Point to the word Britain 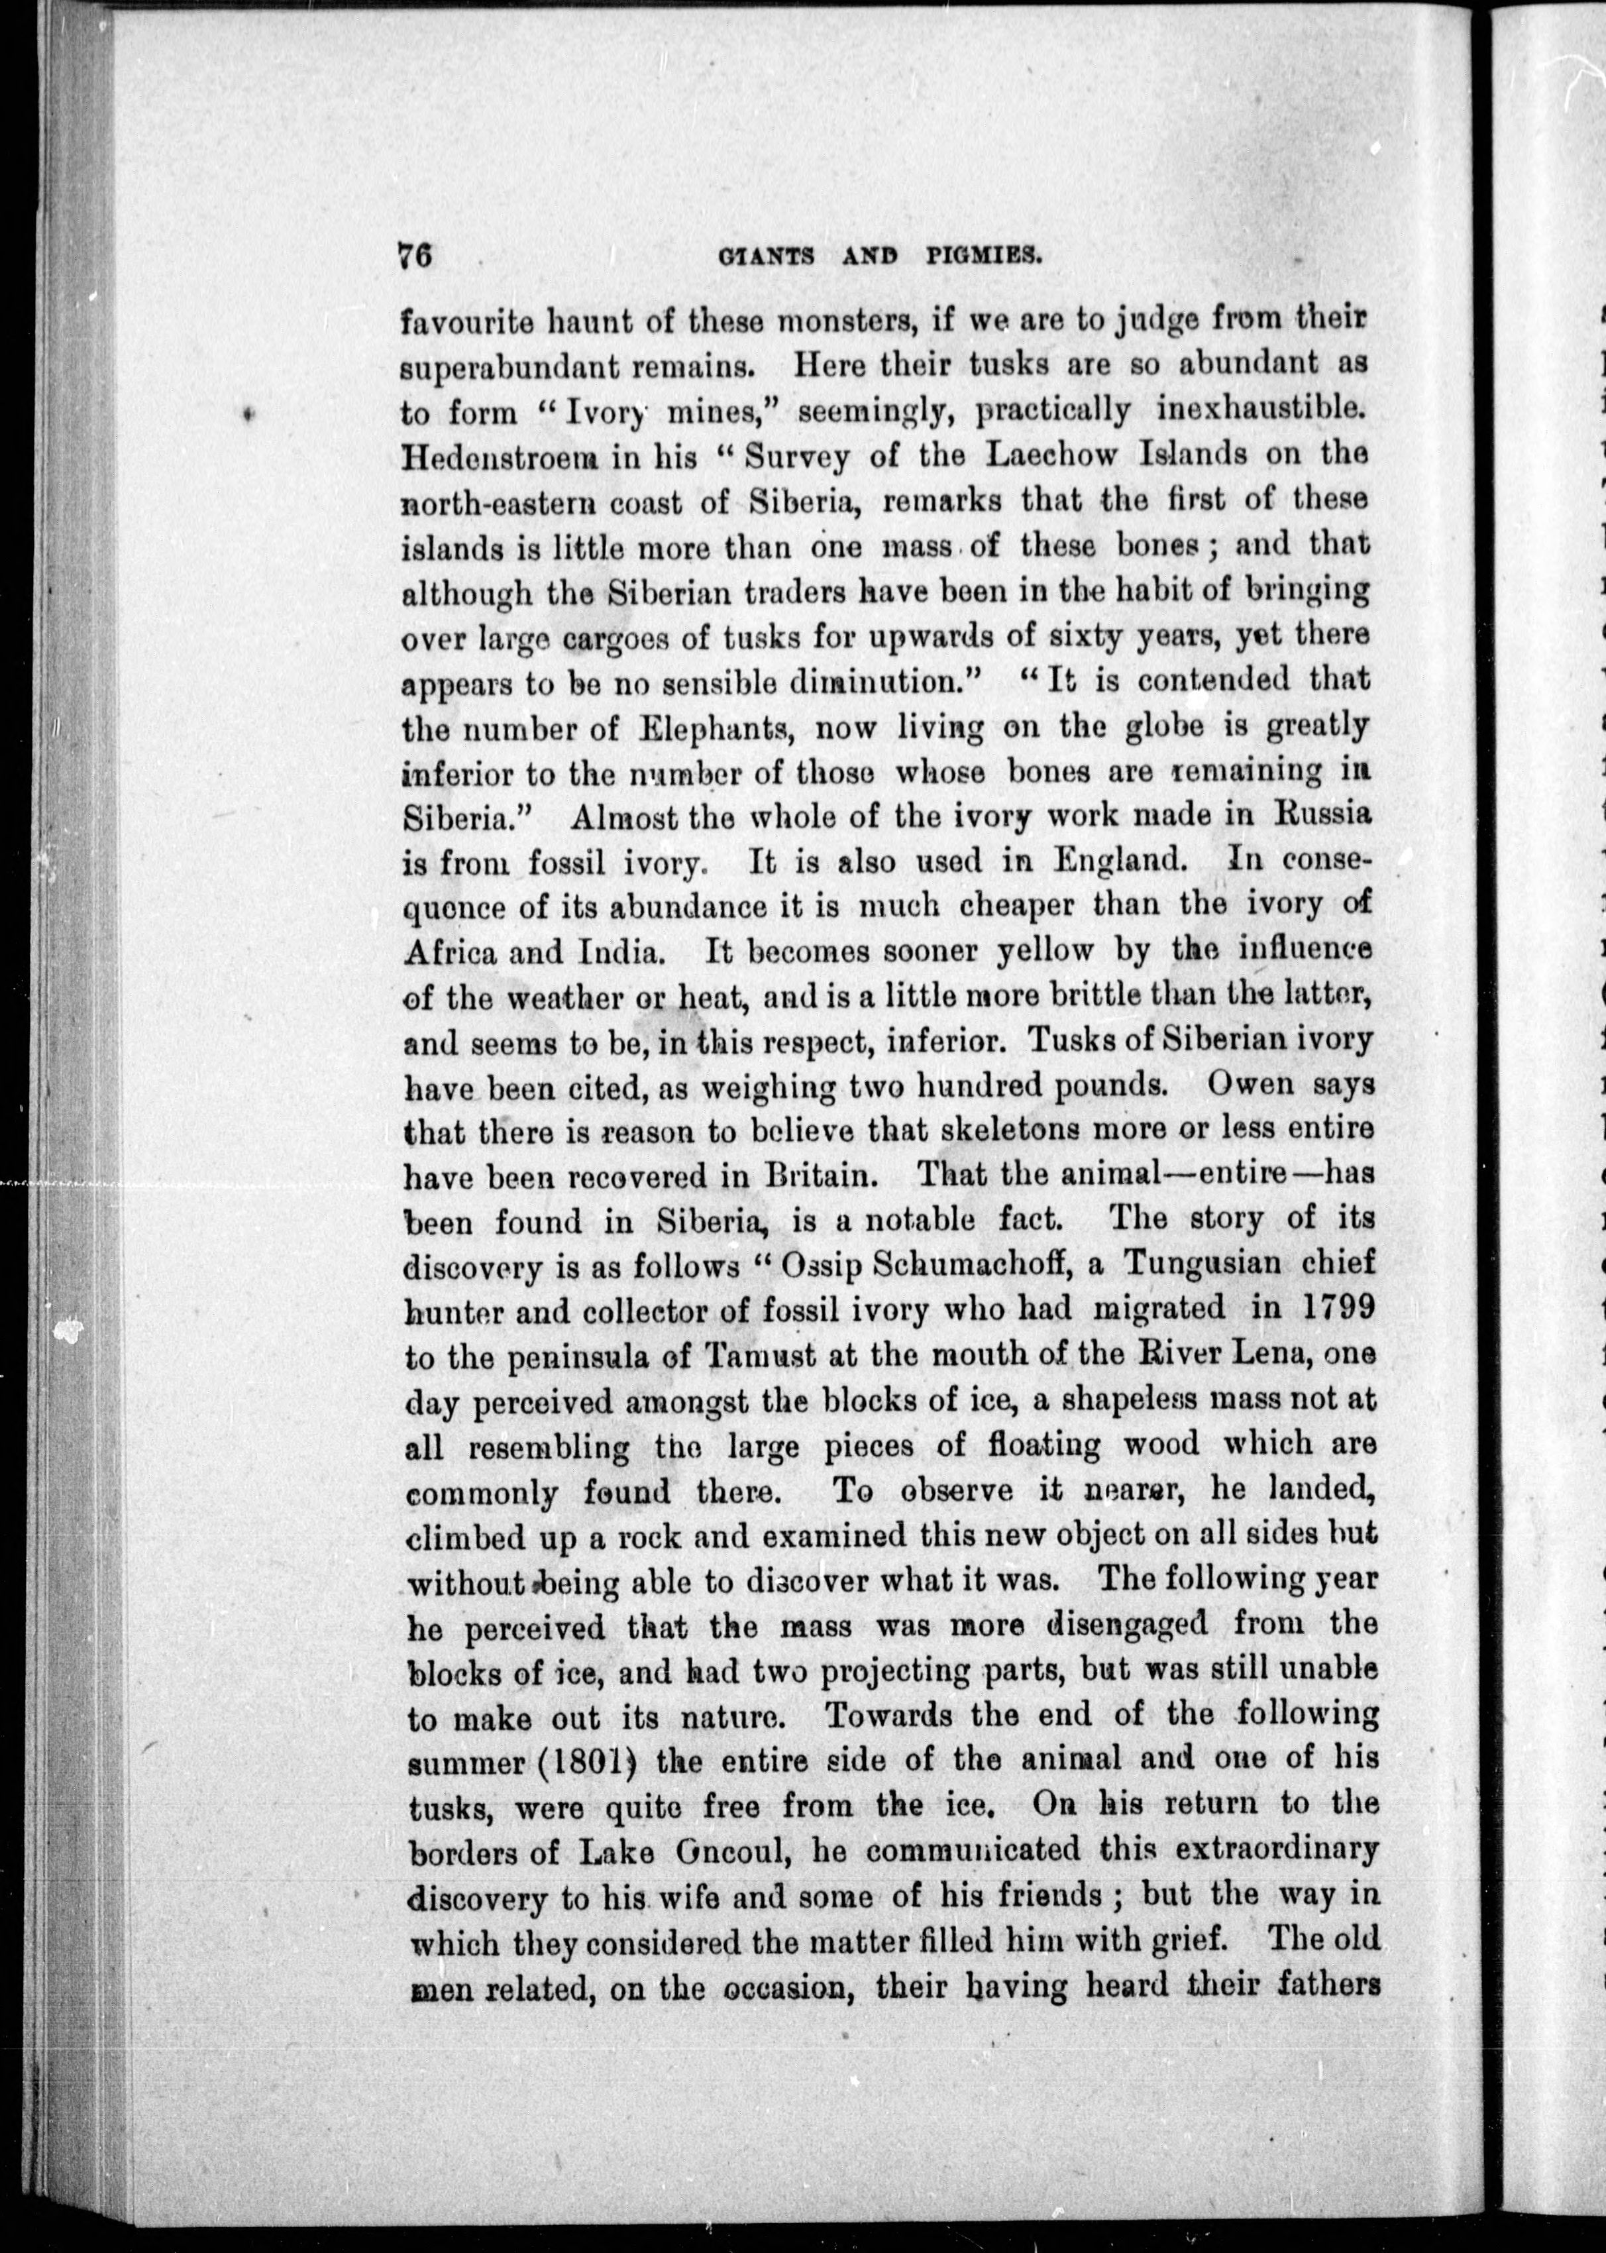click(x=821, y=1176)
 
